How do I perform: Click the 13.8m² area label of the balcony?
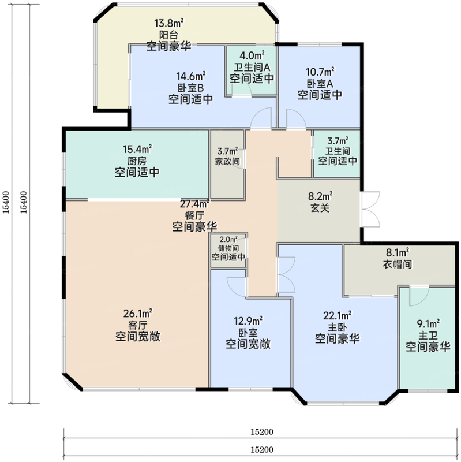168,24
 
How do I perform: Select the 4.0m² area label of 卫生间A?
252,56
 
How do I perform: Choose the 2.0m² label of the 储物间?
228,240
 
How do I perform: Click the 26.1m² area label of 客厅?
137,314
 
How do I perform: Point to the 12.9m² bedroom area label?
248,320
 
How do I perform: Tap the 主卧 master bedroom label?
337,327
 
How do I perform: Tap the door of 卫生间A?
245,88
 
